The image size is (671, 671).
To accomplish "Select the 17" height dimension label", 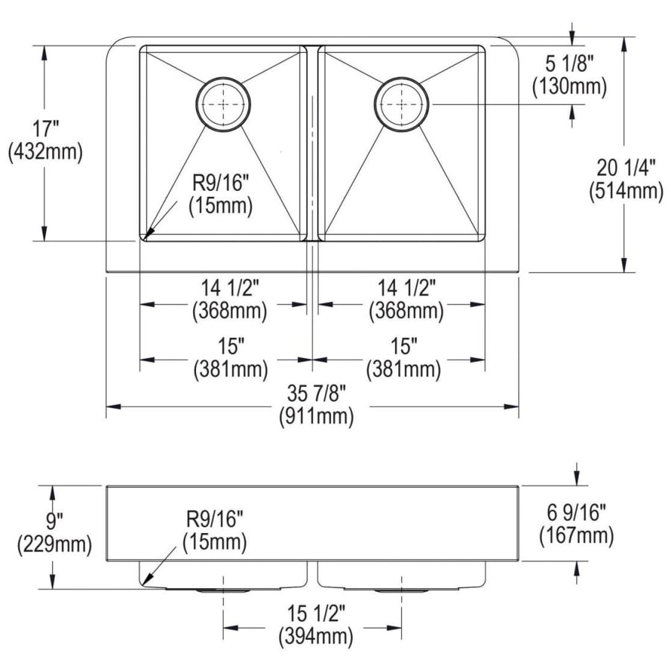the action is point(45,129).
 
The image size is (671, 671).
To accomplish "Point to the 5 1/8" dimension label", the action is point(570,64).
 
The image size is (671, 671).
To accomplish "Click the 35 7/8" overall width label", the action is point(316,393).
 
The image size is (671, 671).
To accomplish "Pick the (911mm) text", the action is point(316,416).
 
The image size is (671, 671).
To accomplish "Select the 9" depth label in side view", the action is point(54,521).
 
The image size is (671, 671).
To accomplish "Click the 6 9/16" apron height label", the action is point(576,512).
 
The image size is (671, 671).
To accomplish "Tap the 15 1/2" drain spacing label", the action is point(316,614).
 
